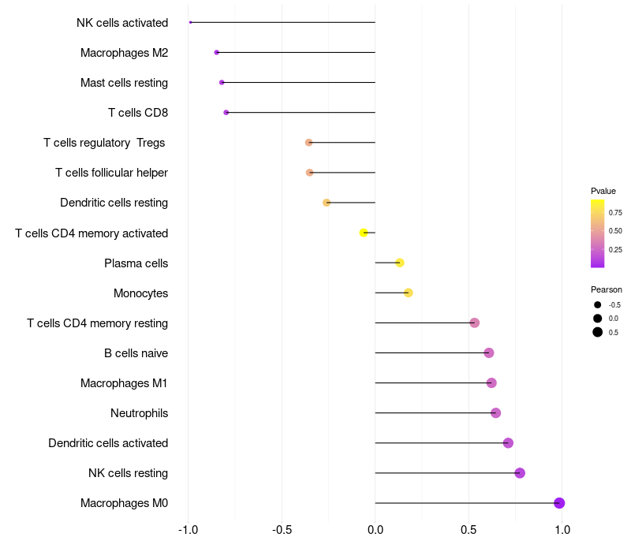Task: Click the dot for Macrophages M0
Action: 559,503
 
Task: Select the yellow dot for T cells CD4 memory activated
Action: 364,233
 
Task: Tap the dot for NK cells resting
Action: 520,473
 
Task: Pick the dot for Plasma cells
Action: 400,263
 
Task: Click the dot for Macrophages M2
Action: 217,52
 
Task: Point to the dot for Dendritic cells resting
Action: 327,203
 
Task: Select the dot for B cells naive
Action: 489,353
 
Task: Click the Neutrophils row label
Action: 139,413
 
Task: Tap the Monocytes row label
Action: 140,293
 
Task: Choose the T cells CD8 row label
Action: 138,113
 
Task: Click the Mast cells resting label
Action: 124,83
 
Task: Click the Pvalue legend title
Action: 603,191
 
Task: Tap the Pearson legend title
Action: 607,289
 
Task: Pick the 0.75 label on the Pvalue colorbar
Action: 615,213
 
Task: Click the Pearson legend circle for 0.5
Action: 598,332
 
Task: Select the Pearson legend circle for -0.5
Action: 598,305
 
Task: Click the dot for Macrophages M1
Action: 491,383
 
